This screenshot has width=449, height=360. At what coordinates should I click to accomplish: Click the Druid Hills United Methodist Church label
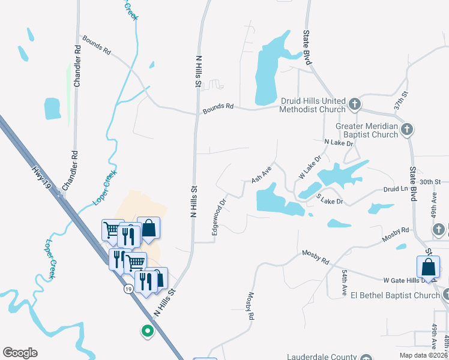click(x=313, y=105)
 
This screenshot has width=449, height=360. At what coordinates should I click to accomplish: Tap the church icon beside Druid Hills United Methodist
click(x=355, y=104)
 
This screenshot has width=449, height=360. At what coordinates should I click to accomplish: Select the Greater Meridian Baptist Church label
click(x=367, y=130)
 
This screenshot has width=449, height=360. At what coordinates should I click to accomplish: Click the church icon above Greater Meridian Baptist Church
click(x=406, y=129)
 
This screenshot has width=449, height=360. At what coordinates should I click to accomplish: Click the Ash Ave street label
click(x=262, y=175)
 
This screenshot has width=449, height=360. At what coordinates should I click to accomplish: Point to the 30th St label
click(x=430, y=181)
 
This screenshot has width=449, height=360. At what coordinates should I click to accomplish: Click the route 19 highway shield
click(x=128, y=289)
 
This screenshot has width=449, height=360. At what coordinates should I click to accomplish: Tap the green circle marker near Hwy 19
click(x=146, y=330)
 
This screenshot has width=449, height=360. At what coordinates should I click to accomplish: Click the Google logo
click(x=20, y=353)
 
